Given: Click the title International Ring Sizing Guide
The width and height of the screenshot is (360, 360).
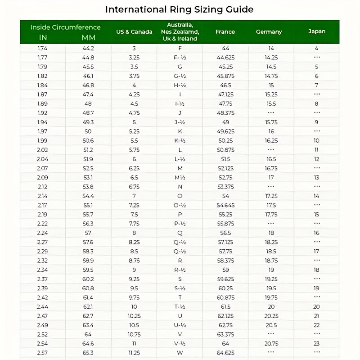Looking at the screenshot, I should pos(179,9).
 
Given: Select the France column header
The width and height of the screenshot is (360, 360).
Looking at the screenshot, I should pos(225,31).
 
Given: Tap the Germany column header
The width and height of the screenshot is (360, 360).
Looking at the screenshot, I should pos(269,31).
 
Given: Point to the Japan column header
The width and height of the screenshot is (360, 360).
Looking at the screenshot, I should pos(317,31).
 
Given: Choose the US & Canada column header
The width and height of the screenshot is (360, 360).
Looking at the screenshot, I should pos(134,31).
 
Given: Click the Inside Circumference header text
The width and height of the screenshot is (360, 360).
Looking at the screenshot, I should pos(65,27).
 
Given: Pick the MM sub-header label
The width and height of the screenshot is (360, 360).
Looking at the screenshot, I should pos(88,37).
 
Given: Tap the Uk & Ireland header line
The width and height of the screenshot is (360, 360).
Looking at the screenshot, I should pos(180,39).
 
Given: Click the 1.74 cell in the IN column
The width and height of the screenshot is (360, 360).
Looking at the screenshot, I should pos(43,48).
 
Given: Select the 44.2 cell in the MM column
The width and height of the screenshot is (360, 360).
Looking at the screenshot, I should pos(88,48).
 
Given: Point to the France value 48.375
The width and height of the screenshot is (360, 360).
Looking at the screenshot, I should pos(225,113).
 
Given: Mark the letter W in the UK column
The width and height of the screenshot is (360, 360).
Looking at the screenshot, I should pos(180,352).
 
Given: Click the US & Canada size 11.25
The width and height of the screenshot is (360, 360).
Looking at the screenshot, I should pos(134,352).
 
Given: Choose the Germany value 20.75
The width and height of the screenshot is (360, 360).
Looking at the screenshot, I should pos(271,343).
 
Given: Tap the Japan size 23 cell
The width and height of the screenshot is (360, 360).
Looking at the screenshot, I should pos(317,343).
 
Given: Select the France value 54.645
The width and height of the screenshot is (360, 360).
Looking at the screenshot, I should pos(225,205).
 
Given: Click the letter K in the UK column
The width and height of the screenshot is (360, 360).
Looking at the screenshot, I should pos(180,131).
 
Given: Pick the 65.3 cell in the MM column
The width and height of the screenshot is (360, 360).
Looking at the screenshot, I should pos(88,352).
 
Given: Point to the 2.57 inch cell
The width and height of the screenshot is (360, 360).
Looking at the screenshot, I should pos(43,352).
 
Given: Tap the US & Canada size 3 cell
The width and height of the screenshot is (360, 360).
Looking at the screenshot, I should pos(134,48).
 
